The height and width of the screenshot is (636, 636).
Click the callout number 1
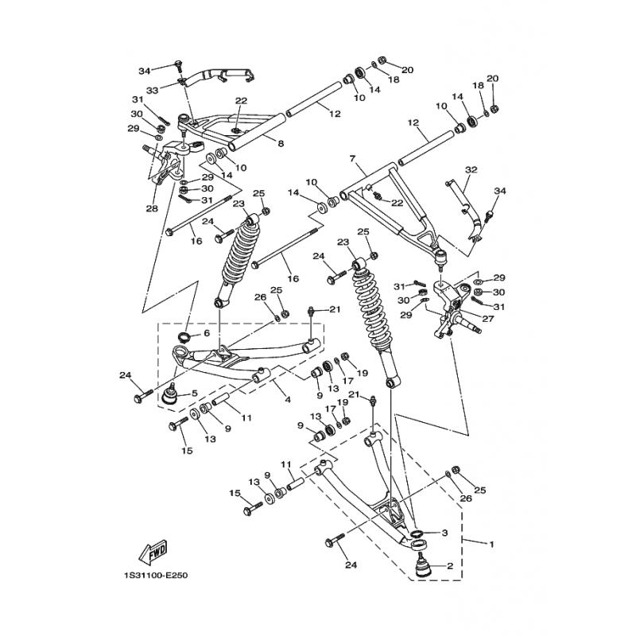coord(491,545)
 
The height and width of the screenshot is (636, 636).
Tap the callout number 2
coord(450,567)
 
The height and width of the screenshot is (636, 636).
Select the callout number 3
coord(445,532)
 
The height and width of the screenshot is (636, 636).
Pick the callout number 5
coord(194,394)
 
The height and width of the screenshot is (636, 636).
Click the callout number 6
coord(206,334)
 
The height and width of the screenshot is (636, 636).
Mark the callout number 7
coord(351,159)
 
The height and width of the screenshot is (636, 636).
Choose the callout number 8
coord(280,143)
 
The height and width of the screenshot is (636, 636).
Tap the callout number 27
coord(487,319)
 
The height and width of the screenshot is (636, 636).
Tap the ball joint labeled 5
coord(169,394)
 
